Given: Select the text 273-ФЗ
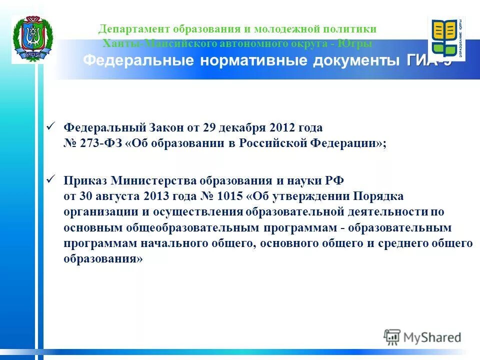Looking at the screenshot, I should [x=99, y=143].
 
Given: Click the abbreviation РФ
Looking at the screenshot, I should [x=335, y=179].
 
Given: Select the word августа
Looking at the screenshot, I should [x=116, y=195].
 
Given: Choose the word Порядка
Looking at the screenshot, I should [x=379, y=195].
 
